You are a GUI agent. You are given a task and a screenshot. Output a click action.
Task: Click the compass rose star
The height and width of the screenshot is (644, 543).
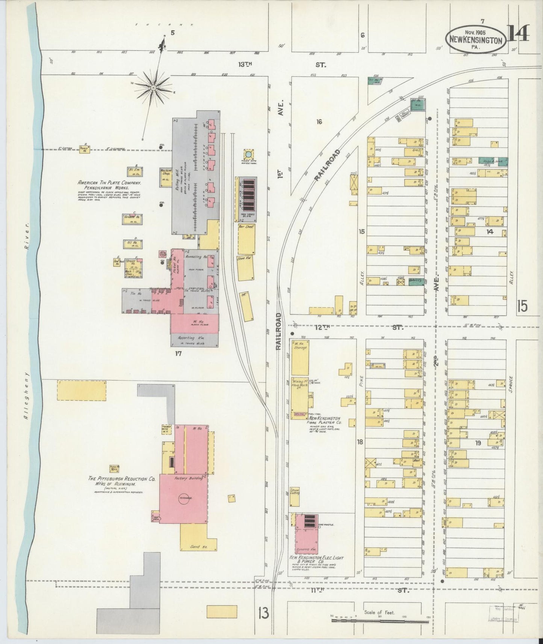coord(153,88)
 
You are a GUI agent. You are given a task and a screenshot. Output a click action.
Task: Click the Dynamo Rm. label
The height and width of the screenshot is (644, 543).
coord(306,549)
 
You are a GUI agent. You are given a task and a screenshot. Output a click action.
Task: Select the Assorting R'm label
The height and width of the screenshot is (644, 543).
coord(194,338)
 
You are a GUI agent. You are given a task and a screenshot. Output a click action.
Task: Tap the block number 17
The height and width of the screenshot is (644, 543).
coord(178,353)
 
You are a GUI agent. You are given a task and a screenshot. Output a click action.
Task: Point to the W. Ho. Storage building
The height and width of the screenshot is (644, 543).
coord(300,357)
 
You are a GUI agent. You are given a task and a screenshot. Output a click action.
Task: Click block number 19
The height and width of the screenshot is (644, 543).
coord(478,443)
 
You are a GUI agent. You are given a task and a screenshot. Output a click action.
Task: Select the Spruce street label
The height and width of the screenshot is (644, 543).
coord(511,384)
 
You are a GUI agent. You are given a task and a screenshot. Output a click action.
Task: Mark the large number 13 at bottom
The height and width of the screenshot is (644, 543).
coord(263,614)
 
